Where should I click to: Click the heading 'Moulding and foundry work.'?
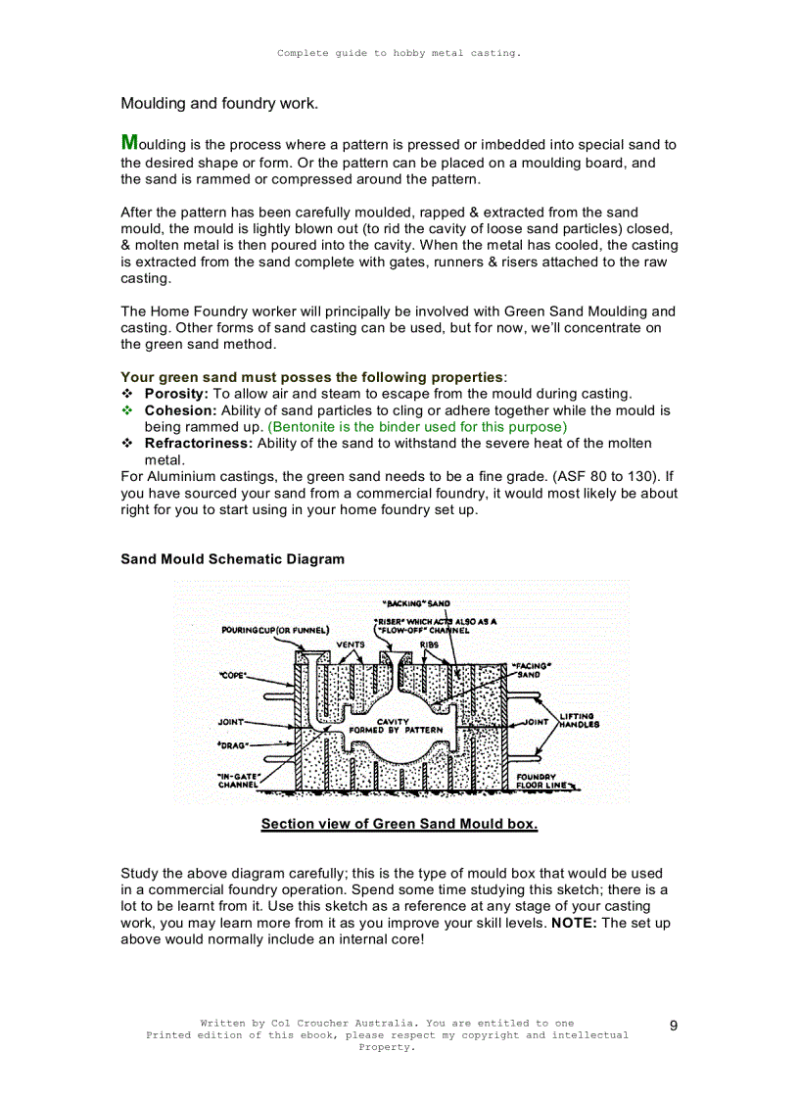(x=219, y=103)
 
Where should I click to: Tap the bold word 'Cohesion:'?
(x=180, y=410)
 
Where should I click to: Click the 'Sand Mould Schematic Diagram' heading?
(x=232, y=559)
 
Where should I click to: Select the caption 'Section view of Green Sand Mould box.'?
(x=399, y=824)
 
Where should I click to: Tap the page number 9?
(x=674, y=1026)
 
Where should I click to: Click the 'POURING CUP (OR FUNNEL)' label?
(x=275, y=629)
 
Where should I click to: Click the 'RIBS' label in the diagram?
(x=429, y=645)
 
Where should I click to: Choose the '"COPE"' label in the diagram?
(x=232, y=675)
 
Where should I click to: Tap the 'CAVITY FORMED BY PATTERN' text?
(x=396, y=726)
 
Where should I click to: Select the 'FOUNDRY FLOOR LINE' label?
(x=540, y=781)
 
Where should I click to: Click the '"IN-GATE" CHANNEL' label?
(x=238, y=780)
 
